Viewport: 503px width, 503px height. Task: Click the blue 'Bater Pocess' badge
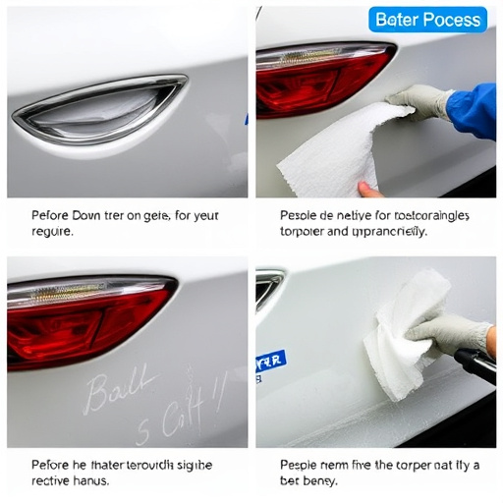tap(428, 20)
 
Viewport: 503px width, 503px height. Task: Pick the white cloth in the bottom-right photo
tap(404, 324)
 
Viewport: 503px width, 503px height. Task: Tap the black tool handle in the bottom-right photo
tap(475, 368)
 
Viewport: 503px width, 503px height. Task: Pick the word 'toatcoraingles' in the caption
tap(433, 215)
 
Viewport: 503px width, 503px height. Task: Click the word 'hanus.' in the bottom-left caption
tap(90, 480)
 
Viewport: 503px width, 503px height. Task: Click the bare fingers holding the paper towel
tap(368, 187)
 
